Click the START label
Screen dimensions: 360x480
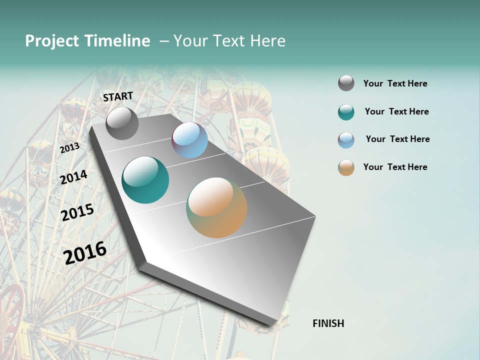(x=118, y=96)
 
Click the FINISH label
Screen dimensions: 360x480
(x=328, y=323)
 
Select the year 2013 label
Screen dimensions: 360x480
(x=69, y=147)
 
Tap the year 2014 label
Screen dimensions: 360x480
(x=73, y=177)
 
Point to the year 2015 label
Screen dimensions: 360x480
(x=77, y=212)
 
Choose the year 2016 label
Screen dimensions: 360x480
(x=85, y=252)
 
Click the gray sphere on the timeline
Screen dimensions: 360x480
(x=122, y=123)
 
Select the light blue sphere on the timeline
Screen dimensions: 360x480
(x=189, y=140)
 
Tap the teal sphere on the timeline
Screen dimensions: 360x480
(x=145, y=180)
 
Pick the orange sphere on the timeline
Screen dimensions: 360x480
(x=216, y=207)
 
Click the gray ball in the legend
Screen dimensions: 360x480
(x=346, y=83)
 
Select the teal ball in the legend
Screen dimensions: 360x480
(x=346, y=112)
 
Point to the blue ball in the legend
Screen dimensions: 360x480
(x=346, y=140)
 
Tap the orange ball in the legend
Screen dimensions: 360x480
(x=346, y=167)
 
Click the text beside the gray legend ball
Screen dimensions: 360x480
(x=395, y=83)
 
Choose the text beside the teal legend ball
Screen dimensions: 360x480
(x=396, y=111)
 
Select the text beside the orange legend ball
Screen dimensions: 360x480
(x=395, y=167)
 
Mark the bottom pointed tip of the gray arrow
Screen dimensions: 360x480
(x=272, y=327)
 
